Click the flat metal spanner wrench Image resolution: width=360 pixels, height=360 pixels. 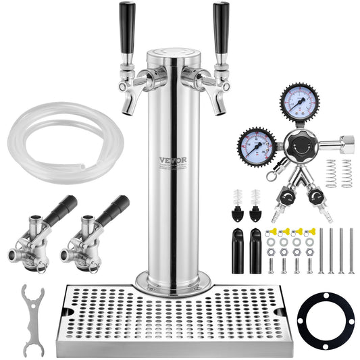[x=30, y=318]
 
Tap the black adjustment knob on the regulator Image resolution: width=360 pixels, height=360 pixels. [x=298, y=143]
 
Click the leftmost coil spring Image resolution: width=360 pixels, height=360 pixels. [x=331, y=174]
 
